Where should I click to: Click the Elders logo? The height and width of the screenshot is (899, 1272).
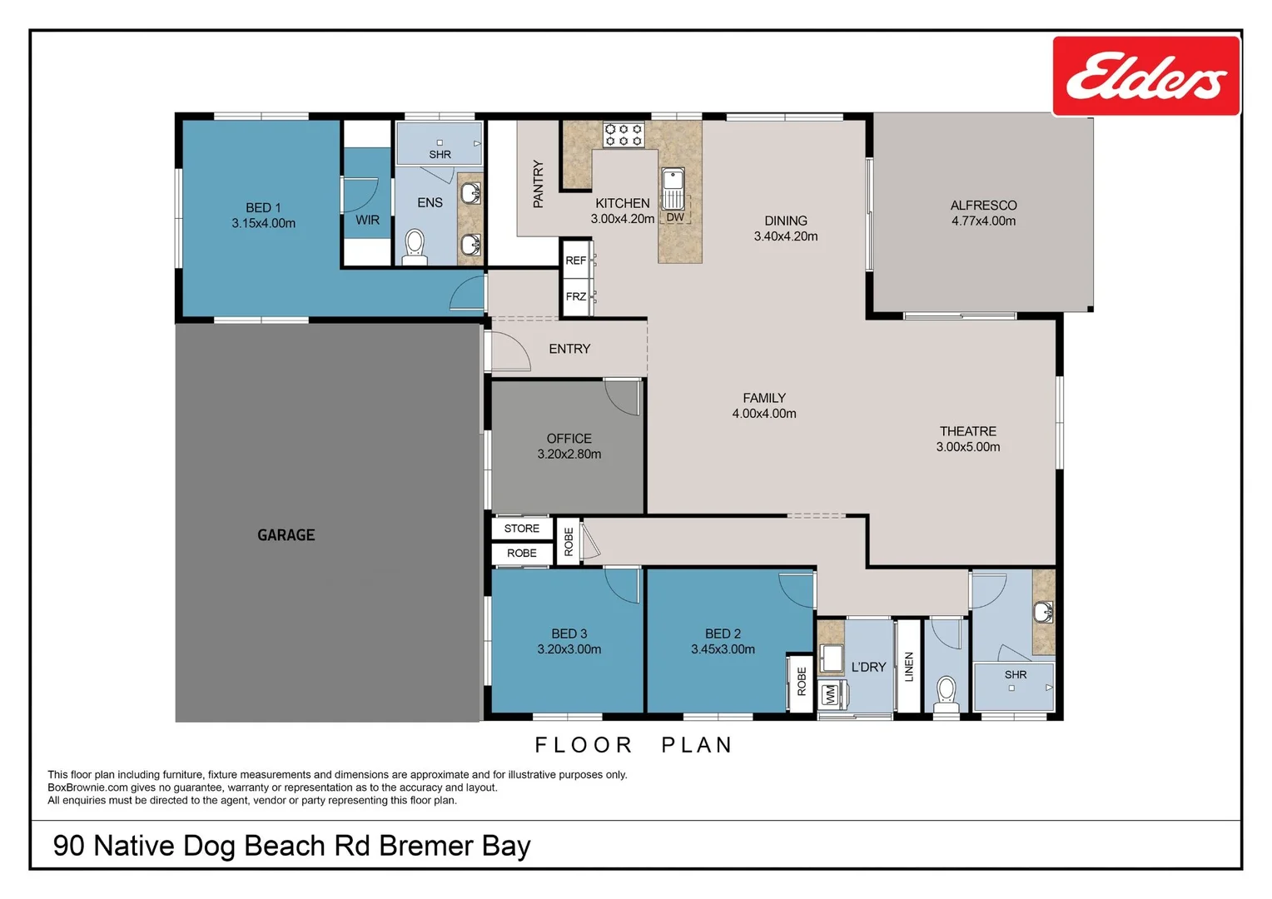(x=1145, y=77)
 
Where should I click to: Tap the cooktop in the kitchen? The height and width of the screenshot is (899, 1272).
(x=624, y=135)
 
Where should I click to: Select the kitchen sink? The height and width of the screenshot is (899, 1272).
(x=673, y=188)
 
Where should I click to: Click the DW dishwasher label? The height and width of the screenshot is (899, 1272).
(x=675, y=217)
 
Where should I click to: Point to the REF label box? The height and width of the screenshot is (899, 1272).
(x=576, y=261)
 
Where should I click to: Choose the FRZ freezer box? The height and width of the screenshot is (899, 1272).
(x=576, y=296)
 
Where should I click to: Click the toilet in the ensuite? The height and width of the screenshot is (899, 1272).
(x=415, y=246)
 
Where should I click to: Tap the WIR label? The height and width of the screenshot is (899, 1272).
(x=367, y=221)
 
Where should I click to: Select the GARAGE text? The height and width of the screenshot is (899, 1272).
(x=286, y=535)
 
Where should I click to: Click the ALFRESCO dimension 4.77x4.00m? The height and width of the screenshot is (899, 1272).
(x=983, y=221)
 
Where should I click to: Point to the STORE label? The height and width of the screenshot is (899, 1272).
(x=522, y=529)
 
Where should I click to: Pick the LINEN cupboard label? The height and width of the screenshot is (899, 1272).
(x=909, y=667)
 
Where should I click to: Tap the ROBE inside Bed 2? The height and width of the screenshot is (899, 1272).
(x=802, y=682)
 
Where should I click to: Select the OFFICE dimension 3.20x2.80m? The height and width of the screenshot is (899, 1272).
(x=569, y=454)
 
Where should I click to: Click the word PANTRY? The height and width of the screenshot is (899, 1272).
(x=538, y=184)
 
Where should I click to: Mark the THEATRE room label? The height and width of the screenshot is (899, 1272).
(x=968, y=431)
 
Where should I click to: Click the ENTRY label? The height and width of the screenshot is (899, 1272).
(x=569, y=349)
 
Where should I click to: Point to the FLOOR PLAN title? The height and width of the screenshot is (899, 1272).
(x=634, y=745)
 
